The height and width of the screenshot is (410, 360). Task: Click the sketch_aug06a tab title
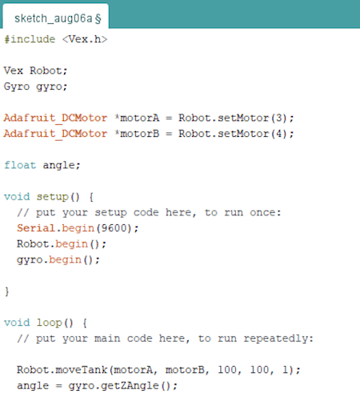[54, 18]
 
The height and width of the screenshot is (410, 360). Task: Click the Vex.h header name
[85, 39]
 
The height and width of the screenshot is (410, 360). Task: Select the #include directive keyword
[30, 39]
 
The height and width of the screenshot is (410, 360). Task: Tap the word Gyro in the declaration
[17, 86]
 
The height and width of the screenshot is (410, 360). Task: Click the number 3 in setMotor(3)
[278, 118]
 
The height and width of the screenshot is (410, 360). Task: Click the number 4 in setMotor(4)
[278, 134]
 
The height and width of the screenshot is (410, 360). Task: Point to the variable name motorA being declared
[140, 118]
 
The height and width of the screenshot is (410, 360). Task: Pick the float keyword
[20, 165]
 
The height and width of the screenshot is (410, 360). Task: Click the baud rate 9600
[114, 228]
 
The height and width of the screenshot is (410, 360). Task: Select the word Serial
[36, 228]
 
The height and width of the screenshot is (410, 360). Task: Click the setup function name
[53, 197]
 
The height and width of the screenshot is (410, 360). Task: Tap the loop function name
[50, 323]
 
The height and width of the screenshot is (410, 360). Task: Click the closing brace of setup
[7, 291]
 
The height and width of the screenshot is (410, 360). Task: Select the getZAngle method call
[130, 386]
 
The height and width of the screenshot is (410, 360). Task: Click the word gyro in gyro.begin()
[30, 259]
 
